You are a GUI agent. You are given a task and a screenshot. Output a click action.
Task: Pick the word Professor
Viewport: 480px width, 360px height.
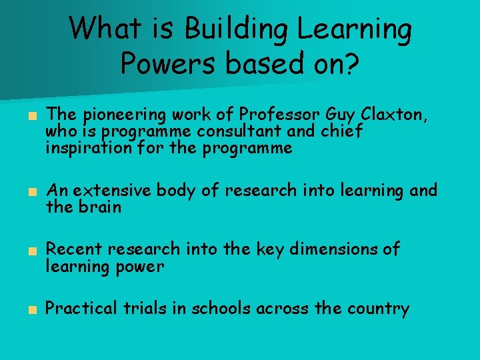click(x=272, y=115)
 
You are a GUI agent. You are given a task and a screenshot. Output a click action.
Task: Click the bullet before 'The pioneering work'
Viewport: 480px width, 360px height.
click(x=31, y=116)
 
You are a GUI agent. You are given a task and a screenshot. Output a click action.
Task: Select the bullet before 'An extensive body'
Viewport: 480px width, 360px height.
click(x=31, y=192)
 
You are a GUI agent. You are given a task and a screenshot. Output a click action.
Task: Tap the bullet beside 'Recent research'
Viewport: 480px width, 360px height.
click(x=31, y=251)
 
